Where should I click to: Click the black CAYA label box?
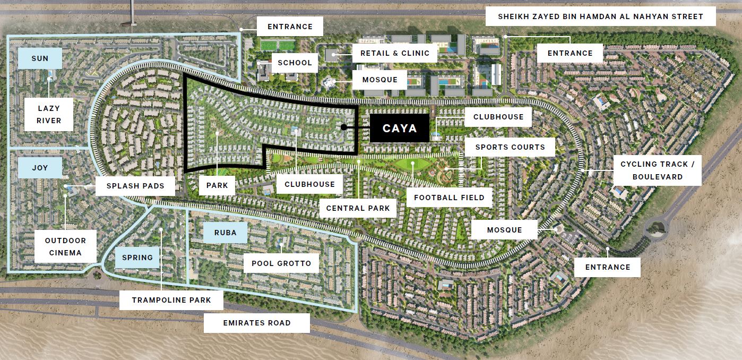400,128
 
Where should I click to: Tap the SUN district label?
40,58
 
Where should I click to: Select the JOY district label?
40,168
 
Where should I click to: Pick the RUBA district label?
225,233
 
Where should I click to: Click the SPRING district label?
137,258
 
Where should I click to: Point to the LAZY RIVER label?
49,115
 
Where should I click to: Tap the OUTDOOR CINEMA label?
65,246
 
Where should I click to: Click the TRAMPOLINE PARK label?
171,300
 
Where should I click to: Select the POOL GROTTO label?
277,263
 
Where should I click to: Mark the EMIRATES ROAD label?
257,323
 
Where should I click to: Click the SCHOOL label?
295,63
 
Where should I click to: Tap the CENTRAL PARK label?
358,208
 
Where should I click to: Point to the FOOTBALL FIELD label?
449,198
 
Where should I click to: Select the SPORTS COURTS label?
510,147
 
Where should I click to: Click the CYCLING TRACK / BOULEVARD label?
657,170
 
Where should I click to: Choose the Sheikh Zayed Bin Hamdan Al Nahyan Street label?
600,16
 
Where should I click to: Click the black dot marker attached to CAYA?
344,127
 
